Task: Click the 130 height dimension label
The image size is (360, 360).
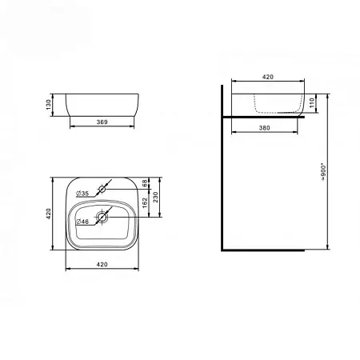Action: [x=48, y=105]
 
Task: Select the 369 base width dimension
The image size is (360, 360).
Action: [x=102, y=122]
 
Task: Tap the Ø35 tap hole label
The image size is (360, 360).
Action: [x=82, y=194]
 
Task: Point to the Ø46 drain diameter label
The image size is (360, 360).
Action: [x=82, y=222]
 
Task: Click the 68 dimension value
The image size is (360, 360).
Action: [x=145, y=183]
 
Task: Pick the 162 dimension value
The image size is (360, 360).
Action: [x=145, y=203]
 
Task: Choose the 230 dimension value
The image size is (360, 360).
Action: [x=155, y=197]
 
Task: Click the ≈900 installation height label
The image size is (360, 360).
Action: [x=323, y=172]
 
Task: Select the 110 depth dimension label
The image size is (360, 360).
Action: [x=312, y=103]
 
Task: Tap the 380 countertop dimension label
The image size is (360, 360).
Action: [x=265, y=128]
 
